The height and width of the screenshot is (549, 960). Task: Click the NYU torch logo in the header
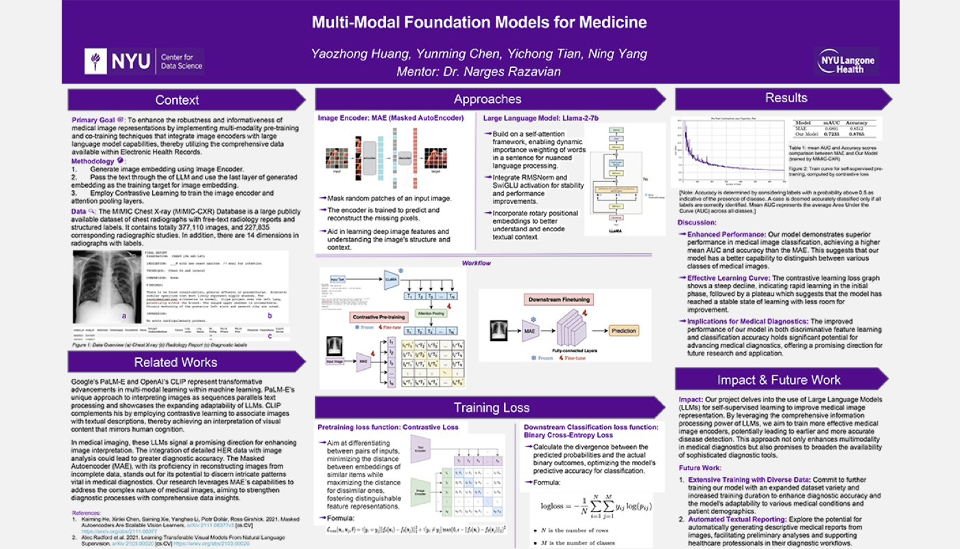[95, 61]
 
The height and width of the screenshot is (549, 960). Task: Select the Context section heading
[177, 100]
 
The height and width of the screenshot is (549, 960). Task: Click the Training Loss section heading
[491, 408]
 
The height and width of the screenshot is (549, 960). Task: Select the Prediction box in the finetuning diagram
[623, 331]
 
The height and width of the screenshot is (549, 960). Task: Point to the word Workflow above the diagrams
[476, 263]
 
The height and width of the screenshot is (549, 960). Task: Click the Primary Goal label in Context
[94, 120]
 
